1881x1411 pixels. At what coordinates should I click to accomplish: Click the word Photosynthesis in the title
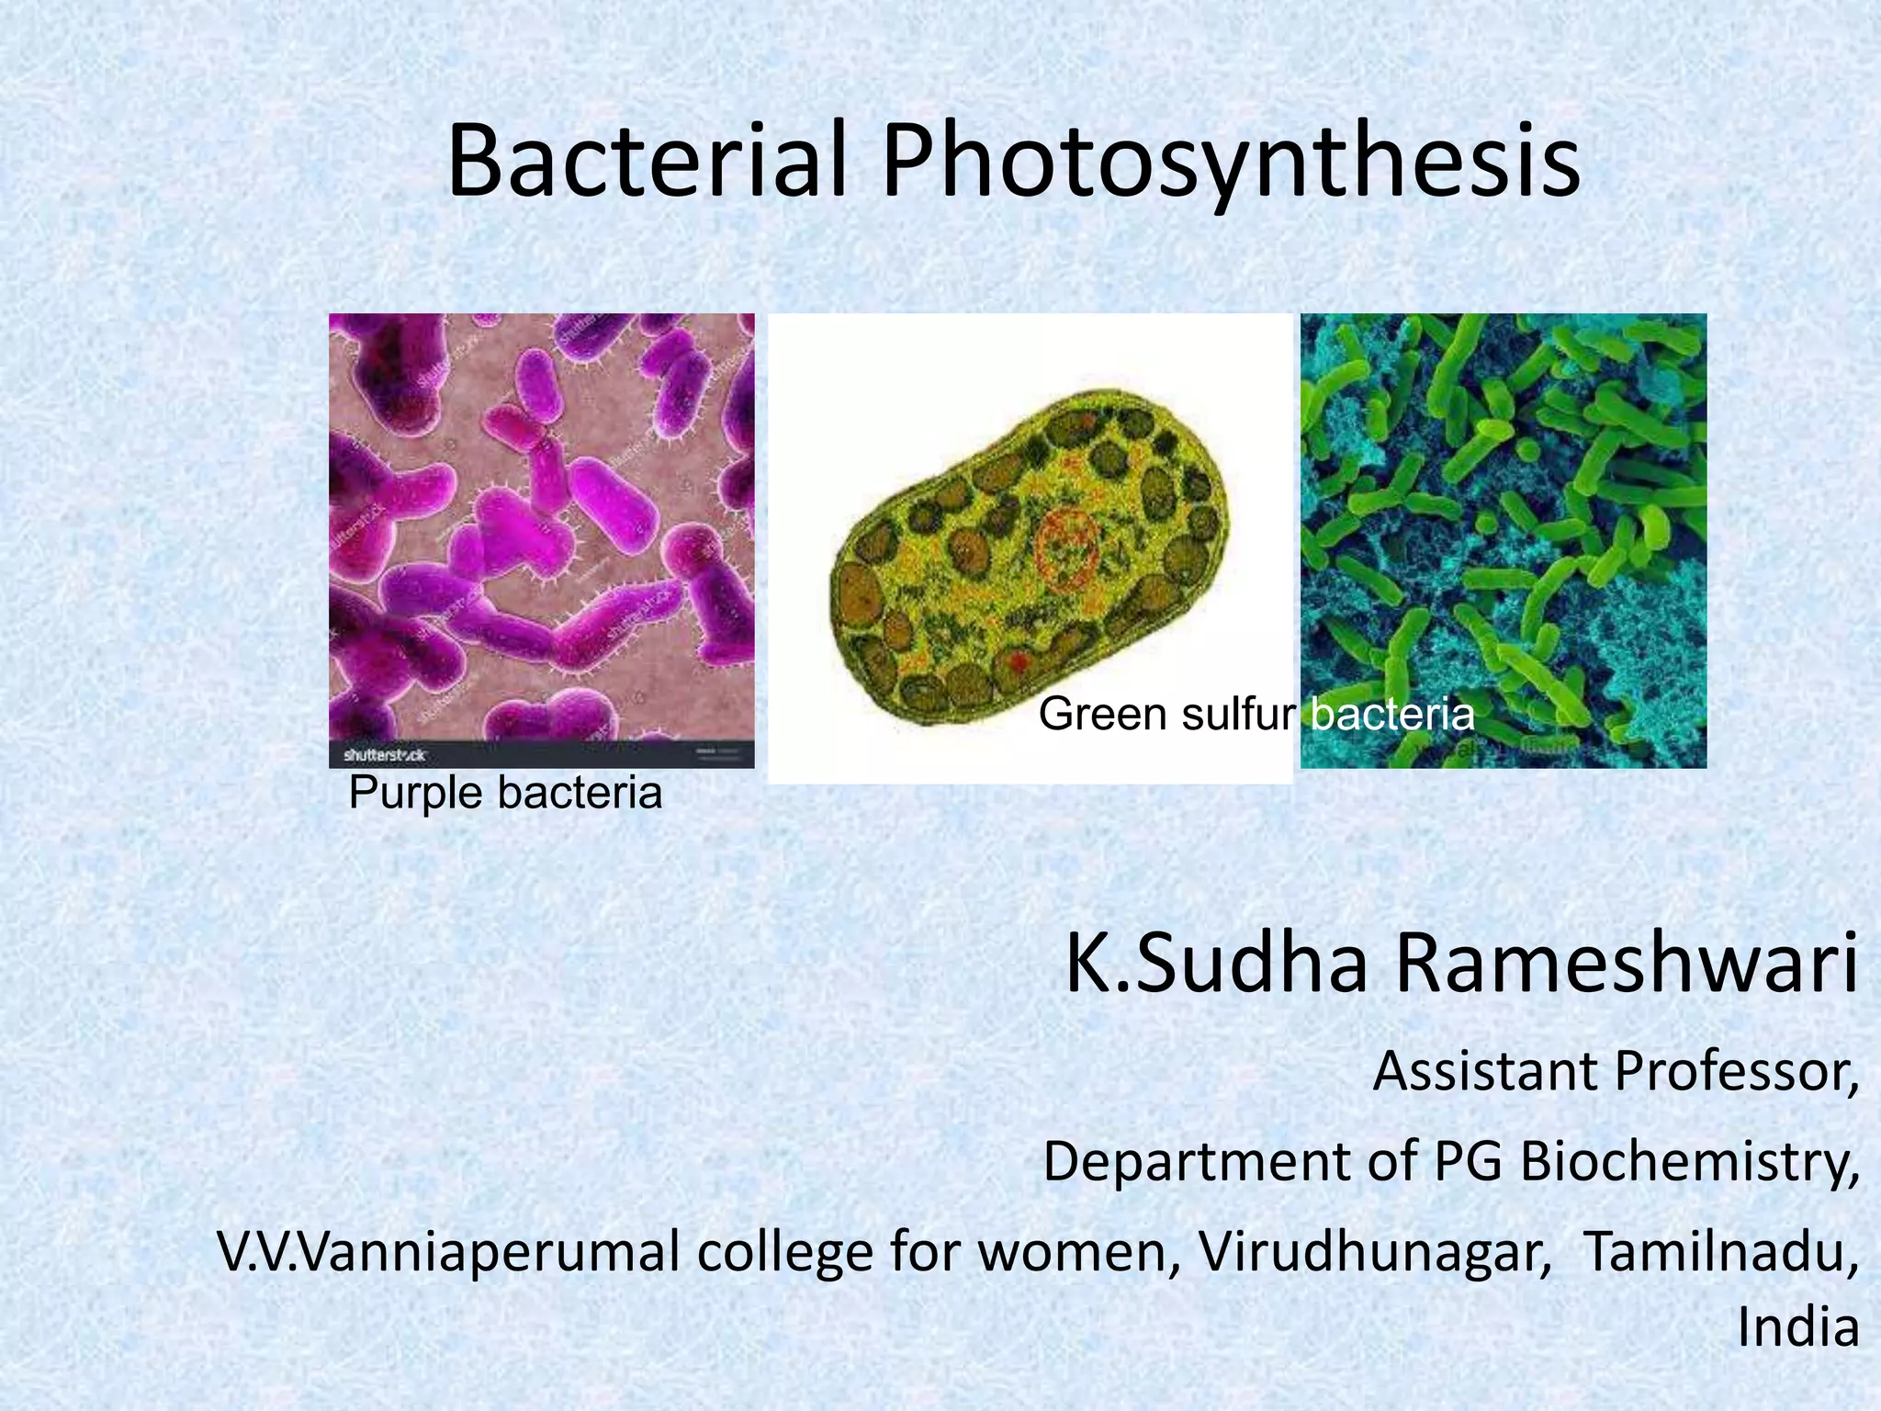point(1231,164)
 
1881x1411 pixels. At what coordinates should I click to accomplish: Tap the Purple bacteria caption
point(505,792)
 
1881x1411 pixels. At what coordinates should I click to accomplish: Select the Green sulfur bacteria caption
point(1256,714)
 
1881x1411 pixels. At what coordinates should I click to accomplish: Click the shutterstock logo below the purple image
point(384,754)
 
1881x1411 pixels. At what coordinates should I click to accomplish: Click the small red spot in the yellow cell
point(1018,660)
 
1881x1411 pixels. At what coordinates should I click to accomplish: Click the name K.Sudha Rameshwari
point(1461,964)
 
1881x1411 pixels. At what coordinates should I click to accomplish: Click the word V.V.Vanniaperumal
point(449,1252)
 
